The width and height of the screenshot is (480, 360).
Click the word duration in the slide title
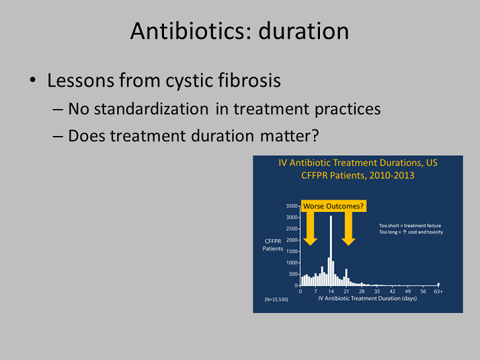pos(304,31)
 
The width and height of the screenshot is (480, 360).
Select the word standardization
pos(151,109)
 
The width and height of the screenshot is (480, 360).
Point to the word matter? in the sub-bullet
pos(290,136)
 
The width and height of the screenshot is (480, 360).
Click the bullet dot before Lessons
pos(33,80)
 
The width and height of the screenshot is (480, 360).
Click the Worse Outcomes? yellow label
pos(333,206)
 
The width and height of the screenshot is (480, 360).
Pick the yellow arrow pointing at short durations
pos(310,228)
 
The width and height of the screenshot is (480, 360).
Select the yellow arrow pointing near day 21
pos(348,228)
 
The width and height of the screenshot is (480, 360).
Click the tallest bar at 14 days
pos(331,250)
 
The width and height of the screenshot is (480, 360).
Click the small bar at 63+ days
pos(438,284)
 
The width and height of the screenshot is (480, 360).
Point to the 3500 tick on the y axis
pos(292,206)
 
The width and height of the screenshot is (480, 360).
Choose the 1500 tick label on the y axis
pos(292,251)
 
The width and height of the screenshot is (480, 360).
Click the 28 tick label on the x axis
pos(362,291)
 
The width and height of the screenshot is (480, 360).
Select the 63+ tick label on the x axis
pos(438,291)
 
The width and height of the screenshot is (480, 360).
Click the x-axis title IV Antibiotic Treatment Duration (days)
pos(367,298)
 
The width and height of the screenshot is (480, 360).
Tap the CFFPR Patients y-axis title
pos(273,245)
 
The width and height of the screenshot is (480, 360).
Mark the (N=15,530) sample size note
pos(276,299)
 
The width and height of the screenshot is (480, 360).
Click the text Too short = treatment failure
pos(410,225)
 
